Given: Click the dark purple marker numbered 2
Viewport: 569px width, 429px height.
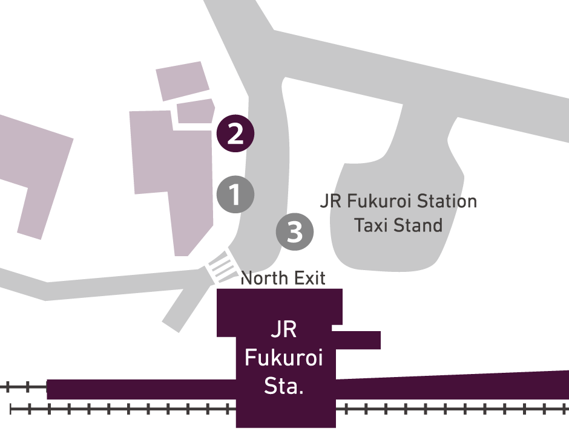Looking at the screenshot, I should point(235,134).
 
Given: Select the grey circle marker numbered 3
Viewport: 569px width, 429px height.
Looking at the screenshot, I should point(295,231).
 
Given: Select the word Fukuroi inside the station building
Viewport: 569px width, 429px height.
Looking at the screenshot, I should point(283,358).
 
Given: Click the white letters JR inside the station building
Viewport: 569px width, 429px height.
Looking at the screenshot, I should point(283,331).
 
